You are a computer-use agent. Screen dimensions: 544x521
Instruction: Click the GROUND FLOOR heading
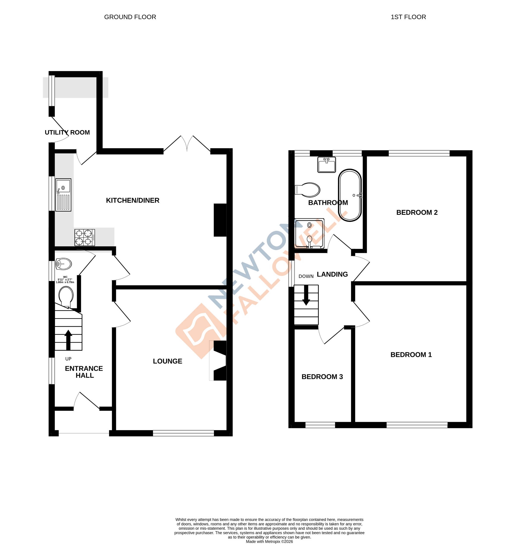[130, 17]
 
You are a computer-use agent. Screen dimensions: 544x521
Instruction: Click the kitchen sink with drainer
[63, 195]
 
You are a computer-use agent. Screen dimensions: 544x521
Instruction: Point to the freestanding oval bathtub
[349, 195]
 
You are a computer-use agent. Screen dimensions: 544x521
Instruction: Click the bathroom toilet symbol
[307, 190]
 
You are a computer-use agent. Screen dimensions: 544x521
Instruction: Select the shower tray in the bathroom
[309, 233]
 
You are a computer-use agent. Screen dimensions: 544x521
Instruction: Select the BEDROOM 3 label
[322, 377]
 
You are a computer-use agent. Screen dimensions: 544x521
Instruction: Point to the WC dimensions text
[65, 280]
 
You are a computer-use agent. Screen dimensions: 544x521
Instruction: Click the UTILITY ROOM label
[67, 132]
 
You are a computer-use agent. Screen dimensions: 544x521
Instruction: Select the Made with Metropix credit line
[269, 541]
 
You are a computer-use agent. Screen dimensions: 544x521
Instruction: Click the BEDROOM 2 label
[416, 212]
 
